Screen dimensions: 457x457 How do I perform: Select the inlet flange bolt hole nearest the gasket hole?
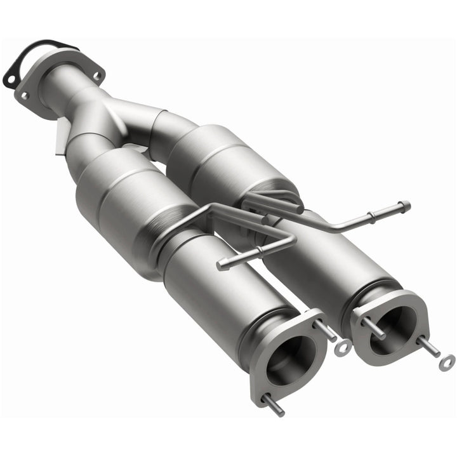coord(25,96)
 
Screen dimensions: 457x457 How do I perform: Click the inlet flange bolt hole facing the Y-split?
coord(96,76)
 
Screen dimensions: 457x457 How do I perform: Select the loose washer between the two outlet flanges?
coord(343,347)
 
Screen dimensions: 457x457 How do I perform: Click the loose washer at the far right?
coord(447,361)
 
